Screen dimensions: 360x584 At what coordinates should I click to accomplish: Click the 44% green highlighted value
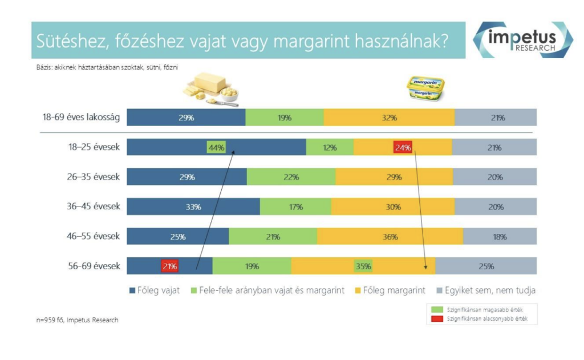[216, 147]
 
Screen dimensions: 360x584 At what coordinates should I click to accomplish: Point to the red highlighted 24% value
[403, 147]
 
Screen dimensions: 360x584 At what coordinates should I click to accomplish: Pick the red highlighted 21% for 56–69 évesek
[170, 266]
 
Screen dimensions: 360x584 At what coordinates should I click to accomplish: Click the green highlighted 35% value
[363, 266]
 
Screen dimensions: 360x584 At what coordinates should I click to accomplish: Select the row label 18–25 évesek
[94, 147]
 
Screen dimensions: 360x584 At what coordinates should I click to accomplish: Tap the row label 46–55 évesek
[94, 236]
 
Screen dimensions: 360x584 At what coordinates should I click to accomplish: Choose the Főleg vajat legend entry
[155, 290]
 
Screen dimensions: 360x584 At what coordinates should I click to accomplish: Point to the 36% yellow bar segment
[390, 236]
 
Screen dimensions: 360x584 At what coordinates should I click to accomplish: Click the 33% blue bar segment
[193, 207]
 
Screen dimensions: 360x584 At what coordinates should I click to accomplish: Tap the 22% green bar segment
[291, 177]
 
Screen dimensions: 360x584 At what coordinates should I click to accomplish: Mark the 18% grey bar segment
[500, 236]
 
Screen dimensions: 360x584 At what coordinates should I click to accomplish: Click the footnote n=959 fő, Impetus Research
[78, 320]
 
